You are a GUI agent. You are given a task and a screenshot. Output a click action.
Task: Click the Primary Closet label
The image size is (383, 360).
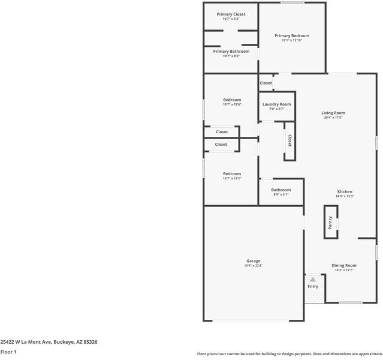click(x=231, y=14)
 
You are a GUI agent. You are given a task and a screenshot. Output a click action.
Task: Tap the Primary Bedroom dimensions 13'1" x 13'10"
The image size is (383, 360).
click(x=291, y=40)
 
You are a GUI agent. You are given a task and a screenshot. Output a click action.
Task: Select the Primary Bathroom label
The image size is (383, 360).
click(x=231, y=52)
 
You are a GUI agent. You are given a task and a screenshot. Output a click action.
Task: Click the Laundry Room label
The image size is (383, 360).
click(x=276, y=104)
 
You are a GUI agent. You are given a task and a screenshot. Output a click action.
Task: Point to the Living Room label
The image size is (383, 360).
click(x=333, y=113)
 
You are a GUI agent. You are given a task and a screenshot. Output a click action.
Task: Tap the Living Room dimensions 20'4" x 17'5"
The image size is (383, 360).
click(x=333, y=118)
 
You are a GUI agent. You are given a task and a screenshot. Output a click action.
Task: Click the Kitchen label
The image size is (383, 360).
click(x=344, y=191)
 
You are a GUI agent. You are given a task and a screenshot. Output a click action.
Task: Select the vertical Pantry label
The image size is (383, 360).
click(x=330, y=223)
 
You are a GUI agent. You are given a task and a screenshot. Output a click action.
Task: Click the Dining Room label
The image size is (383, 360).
click(x=344, y=265)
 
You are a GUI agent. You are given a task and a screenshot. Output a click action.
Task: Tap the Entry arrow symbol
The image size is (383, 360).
click(x=313, y=279)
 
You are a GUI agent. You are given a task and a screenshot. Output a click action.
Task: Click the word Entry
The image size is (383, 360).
click(x=313, y=286)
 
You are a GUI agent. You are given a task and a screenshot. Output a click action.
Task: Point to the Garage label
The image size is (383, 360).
click(x=253, y=261)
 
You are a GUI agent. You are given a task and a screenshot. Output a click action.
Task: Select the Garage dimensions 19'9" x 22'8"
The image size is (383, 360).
click(x=253, y=266)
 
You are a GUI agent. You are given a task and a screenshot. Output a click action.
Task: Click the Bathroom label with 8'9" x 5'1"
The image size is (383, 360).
click(x=281, y=190)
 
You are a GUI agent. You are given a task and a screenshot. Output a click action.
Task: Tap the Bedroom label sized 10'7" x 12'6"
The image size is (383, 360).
click(x=232, y=100)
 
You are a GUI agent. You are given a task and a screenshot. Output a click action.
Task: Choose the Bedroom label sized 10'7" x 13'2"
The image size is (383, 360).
click(x=232, y=173)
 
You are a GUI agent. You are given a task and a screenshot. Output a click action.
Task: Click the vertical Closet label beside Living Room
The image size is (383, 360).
click(x=289, y=140)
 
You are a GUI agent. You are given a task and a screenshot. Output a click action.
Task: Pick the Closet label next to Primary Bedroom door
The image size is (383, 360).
click(x=266, y=83)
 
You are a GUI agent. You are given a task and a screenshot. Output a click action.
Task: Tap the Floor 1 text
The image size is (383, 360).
click(x=8, y=352)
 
